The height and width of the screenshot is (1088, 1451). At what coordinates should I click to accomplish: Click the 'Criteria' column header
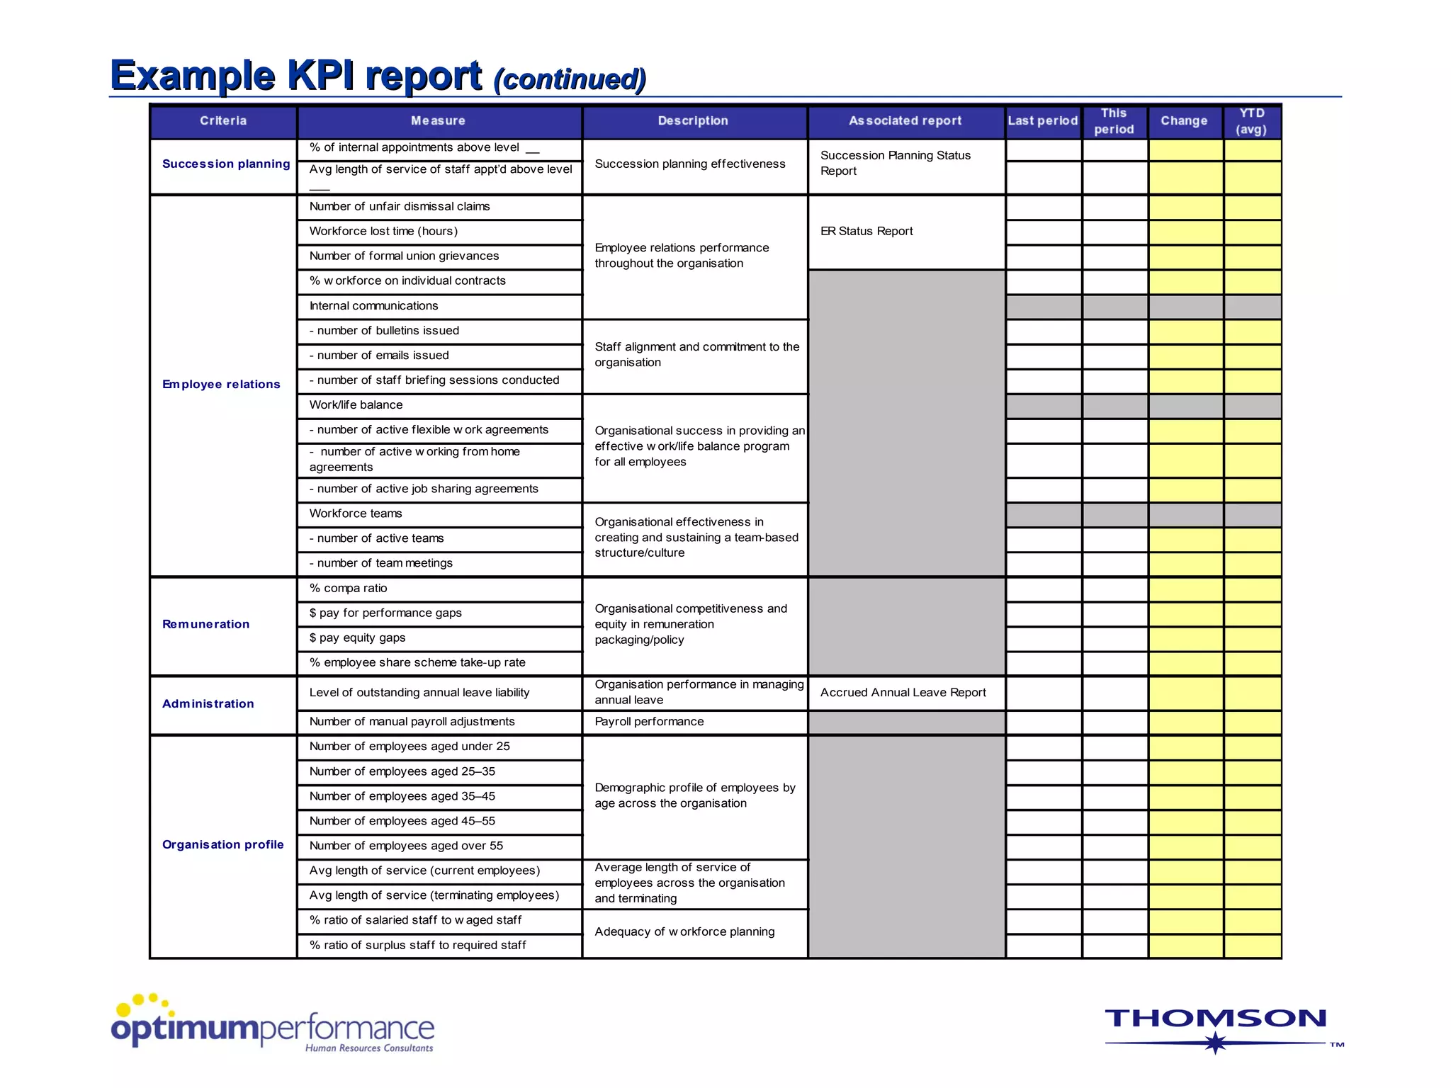pyautogui.click(x=223, y=121)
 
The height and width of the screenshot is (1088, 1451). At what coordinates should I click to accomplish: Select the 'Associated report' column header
pyautogui.click(x=905, y=121)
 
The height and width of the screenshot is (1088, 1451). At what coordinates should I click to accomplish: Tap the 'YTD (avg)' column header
pyautogui.click(x=1251, y=121)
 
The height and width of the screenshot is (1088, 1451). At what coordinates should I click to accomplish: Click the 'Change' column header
pyautogui.click(x=1184, y=121)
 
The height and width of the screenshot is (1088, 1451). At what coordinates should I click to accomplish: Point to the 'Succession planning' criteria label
pyautogui.click(x=226, y=164)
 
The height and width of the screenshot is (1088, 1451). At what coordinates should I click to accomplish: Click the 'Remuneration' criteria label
pyautogui.click(x=206, y=624)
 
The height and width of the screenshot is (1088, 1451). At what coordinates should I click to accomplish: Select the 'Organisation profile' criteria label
pyautogui.click(x=223, y=844)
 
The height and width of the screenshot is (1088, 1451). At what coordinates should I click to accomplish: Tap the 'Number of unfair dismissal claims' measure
pyautogui.click(x=400, y=207)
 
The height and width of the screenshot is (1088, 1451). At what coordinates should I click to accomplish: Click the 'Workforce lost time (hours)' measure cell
pyautogui.click(x=383, y=232)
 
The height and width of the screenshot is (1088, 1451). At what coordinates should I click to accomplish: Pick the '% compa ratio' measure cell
pyautogui.click(x=349, y=589)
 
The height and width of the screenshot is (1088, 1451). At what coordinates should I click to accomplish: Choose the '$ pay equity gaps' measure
pyautogui.click(x=358, y=638)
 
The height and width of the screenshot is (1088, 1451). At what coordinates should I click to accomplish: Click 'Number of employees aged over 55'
pyautogui.click(x=406, y=846)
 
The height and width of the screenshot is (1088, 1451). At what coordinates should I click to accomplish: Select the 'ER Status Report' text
pyautogui.click(x=866, y=232)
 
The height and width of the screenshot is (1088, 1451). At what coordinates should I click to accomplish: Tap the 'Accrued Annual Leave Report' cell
pyautogui.click(x=903, y=693)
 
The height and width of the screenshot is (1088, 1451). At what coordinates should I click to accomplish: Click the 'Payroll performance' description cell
pyautogui.click(x=649, y=722)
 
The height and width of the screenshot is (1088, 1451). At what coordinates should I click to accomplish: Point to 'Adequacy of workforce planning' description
pyautogui.click(x=684, y=932)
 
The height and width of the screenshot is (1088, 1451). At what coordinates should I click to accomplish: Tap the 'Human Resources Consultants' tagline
pyautogui.click(x=369, y=1048)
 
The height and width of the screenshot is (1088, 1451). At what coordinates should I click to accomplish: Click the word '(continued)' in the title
pyautogui.click(x=570, y=79)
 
